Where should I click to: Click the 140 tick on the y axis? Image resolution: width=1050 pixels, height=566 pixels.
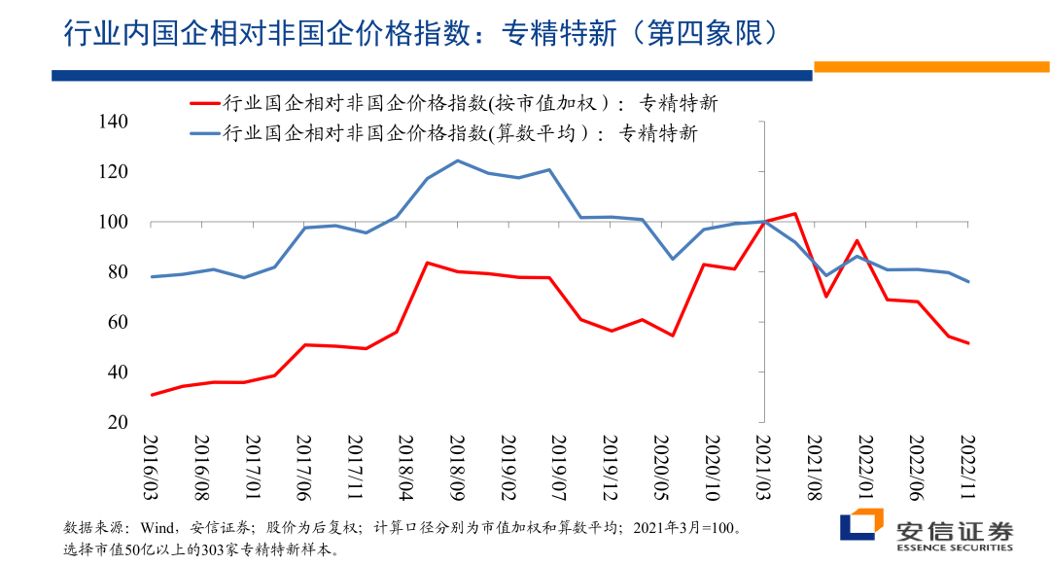pos(113,122)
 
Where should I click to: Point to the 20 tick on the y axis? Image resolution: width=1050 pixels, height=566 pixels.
pos(119,422)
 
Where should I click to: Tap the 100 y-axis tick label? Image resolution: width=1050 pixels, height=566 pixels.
pos(113,222)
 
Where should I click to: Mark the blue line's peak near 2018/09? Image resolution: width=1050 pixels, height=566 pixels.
pos(457,160)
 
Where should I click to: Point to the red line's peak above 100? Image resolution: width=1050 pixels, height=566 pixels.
pos(794,213)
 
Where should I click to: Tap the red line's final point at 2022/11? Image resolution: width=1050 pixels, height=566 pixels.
pos(968,342)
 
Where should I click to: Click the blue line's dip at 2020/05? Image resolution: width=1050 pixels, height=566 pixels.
pos(672,259)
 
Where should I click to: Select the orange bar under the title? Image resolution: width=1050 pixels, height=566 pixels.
pos(931,66)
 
